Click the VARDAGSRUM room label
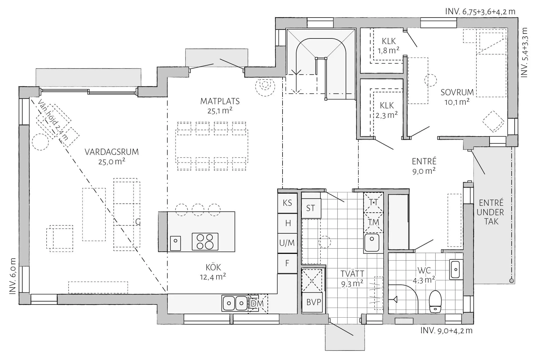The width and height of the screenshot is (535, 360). tap(111, 152)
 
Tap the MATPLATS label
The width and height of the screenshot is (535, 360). tap(220, 101)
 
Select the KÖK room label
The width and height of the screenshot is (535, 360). tap(213, 267)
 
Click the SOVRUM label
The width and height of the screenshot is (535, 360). tap(457, 92)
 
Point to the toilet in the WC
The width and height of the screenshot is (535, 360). tap(435, 301)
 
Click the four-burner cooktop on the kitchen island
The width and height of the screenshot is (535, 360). tap(205, 242)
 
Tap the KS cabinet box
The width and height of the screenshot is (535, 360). tap(288, 203)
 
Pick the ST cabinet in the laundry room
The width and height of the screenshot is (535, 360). tap(311, 208)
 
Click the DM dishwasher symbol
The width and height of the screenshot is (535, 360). tap(257, 303)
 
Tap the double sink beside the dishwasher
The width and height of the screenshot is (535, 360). tap(235, 303)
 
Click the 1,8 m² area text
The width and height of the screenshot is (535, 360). tap(388, 51)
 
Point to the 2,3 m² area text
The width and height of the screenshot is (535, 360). tap(387, 115)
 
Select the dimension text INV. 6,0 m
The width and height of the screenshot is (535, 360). tap(13, 276)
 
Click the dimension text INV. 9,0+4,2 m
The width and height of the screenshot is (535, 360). tap(446, 331)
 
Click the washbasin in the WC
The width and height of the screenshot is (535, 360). tap(456, 269)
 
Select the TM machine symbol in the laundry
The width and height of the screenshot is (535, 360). tap(373, 222)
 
